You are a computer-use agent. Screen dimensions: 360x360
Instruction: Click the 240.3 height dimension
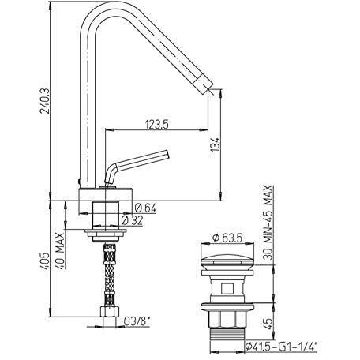44,100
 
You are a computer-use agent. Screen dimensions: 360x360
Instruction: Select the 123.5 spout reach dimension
156,124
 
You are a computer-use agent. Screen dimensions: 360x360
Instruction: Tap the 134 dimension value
215,144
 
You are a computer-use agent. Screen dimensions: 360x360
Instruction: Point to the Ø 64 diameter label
145,208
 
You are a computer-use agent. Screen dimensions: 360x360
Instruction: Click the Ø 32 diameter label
133,220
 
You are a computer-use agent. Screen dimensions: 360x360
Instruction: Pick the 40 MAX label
61,250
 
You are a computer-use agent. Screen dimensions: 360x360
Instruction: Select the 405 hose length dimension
44,261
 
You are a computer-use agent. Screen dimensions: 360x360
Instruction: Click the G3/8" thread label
137,321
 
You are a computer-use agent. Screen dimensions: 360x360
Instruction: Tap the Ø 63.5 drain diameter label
227,238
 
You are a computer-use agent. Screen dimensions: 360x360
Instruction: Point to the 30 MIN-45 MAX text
268,223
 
